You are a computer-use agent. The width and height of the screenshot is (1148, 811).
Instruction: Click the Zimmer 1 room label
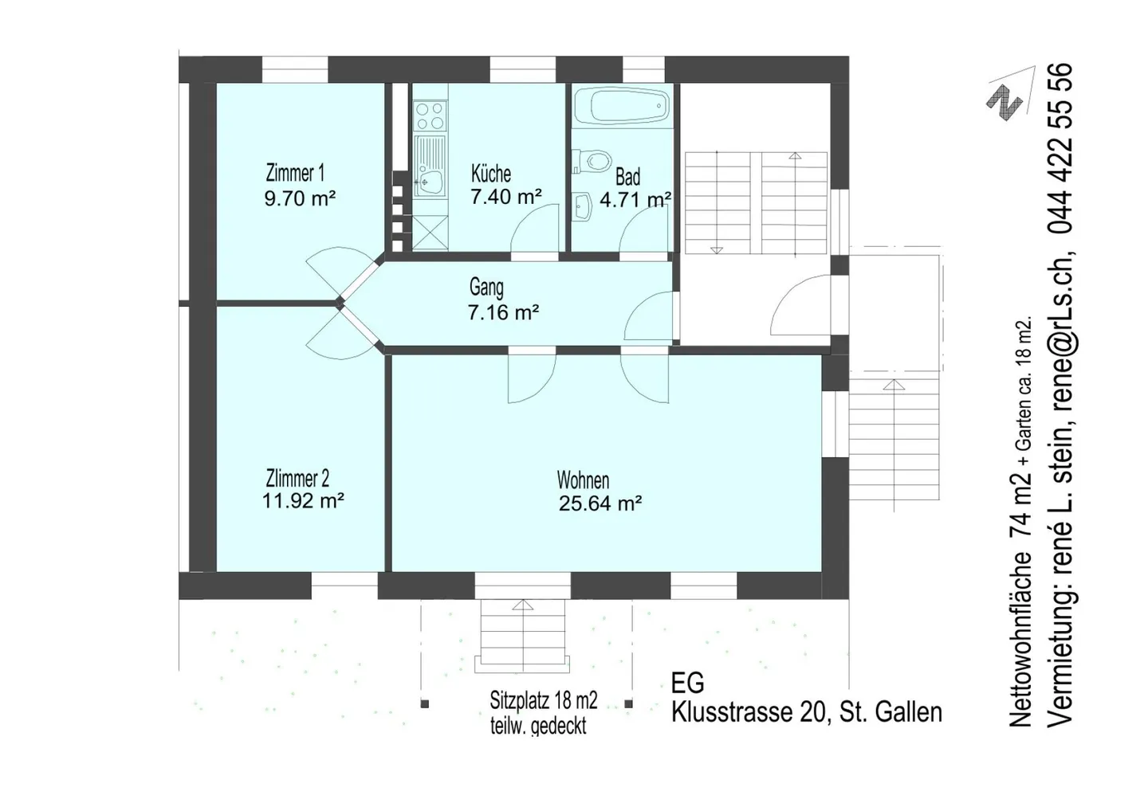point(295,173)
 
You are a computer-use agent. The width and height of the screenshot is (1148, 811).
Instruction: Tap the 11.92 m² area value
point(303,500)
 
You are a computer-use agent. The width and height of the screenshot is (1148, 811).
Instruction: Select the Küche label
point(491,174)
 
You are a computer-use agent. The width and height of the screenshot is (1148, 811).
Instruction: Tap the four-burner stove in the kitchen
point(431,116)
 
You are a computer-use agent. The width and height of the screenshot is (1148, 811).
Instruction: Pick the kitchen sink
point(431,167)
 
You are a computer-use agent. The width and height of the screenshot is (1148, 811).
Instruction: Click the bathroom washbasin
point(582,206)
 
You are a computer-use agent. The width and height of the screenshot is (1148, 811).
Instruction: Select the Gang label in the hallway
point(486,288)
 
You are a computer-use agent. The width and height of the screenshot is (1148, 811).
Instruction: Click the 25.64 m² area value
point(600,503)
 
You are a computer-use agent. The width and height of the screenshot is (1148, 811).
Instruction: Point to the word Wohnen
point(584,480)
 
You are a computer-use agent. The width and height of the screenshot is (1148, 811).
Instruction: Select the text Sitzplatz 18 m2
point(543,700)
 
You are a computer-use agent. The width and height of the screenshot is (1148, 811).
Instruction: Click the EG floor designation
point(688,683)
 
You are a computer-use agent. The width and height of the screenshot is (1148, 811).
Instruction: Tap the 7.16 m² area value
point(503,311)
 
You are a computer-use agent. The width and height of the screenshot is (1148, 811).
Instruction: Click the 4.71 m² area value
point(635,200)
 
